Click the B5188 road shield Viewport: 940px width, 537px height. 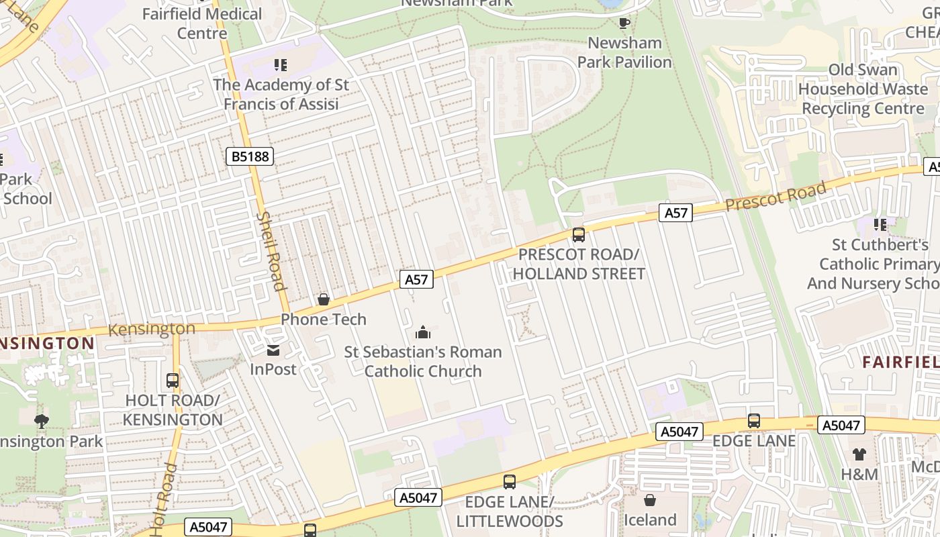tap(250, 156)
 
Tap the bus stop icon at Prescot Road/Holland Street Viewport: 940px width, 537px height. tap(578, 235)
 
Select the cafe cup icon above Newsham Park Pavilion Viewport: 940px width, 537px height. tap(624, 23)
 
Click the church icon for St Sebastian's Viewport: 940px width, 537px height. tap(423, 332)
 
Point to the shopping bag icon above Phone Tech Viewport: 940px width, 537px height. tap(324, 299)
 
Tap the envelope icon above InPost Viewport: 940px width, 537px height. tap(273, 350)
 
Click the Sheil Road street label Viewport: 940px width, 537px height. tap(272, 251)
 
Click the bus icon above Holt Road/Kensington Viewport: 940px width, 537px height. tap(173, 381)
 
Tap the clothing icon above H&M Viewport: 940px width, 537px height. tap(859, 454)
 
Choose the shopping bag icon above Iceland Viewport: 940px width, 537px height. tap(650, 500)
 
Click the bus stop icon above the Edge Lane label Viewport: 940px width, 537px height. tap(754, 421)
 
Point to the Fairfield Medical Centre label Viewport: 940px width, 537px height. tap(202, 23)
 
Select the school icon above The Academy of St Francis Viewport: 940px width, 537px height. tap(281, 65)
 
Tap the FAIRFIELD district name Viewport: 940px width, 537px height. tap(900, 362)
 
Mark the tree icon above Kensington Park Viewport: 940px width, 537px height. tap(42, 422)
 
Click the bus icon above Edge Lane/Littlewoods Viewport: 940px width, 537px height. tap(510, 481)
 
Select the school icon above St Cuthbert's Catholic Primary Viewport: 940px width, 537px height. tap(880, 225)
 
